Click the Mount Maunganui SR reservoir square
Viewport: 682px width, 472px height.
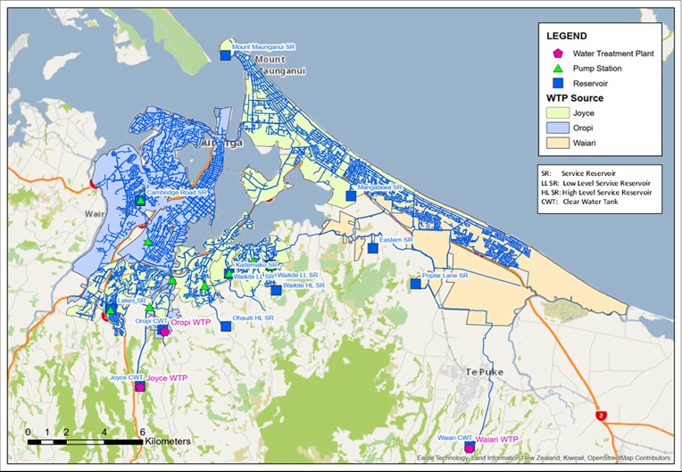[x=225, y=56]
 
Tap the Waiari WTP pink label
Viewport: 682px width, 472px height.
[x=496, y=439]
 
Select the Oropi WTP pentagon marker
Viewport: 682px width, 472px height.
[x=163, y=330]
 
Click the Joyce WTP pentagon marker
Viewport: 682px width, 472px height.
[x=139, y=386]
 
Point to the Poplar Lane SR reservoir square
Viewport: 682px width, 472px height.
[x=415, y=284]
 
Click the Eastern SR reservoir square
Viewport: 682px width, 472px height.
[x=373, y=248]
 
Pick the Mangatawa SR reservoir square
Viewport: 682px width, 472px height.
[x=351, y=196]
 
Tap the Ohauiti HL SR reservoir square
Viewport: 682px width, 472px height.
[x=226, y=327]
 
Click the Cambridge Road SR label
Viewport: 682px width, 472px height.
[x=177, y=192]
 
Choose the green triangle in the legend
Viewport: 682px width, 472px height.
[x=558, y=69]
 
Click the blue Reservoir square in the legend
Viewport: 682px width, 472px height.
[x=558, y=83]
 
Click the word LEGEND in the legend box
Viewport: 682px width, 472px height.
[x=569, y=36]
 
